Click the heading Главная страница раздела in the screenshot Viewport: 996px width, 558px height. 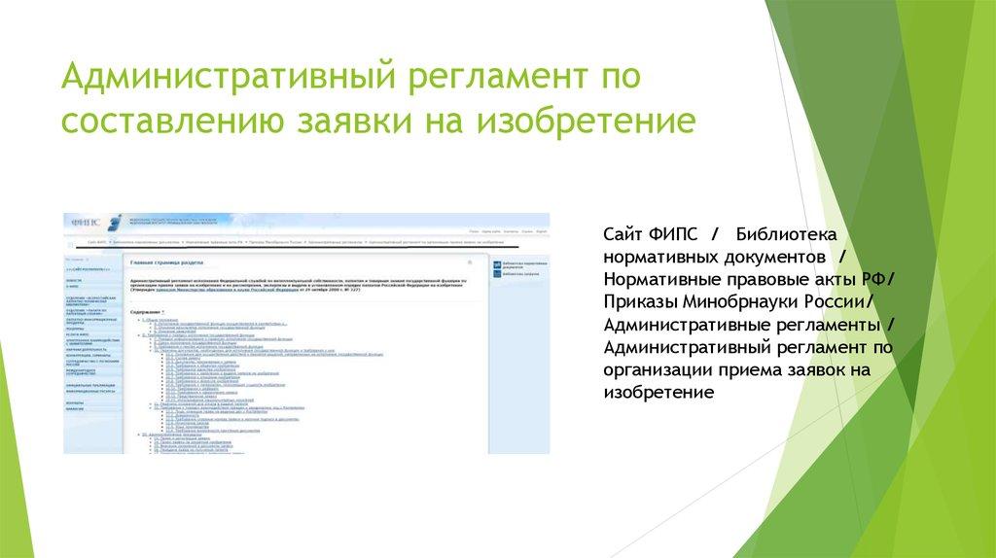(168, 262)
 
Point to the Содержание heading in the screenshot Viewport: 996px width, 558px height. (147, 310)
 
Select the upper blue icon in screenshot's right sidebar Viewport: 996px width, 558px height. (497, 263)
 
